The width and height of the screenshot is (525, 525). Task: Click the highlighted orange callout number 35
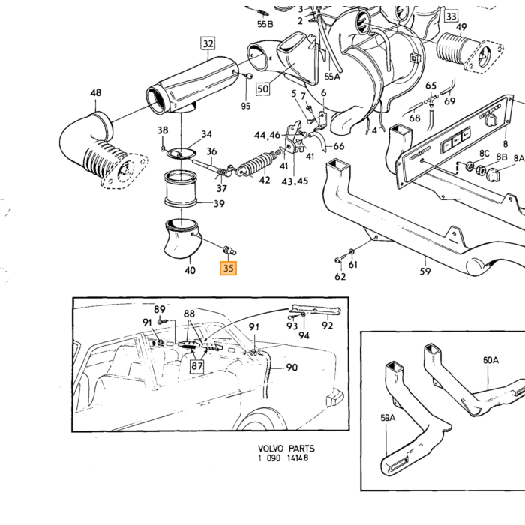click(x=228, y=268)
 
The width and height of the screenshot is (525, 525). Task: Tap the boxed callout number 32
click(x=208, y=43)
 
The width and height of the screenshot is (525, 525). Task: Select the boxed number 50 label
click(x=263, y=88)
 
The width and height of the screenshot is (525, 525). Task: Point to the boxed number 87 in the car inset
click(x=196, y=366)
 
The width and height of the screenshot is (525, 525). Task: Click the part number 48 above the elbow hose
click(x=96, y=92)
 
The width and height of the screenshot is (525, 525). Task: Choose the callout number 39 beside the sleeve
click(x=219, y=203)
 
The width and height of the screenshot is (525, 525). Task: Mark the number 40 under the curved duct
click(x=190, y=270)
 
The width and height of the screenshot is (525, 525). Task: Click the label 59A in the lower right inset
click(x=388, y=418)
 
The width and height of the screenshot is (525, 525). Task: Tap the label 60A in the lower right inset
click(x=490, y=360)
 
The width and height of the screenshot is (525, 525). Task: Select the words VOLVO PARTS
click(x=286, y=448)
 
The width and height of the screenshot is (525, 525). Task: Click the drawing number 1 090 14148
click(x=283, y=457)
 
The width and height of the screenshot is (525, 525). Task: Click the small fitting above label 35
click(x=229, y=250)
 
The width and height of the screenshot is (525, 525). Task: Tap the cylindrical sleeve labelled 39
click(x=180, y=189)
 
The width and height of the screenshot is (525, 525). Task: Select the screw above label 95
click(x=249, y=76)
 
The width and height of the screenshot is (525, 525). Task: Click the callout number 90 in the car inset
click(x=292, y=367)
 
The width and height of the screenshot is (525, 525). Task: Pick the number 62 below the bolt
click(x=340, y=276)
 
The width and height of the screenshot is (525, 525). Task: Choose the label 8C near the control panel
click(x=484, y=153)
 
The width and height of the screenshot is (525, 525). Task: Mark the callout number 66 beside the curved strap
click(x=338, y=146)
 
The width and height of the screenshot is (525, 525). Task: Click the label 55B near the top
click(x=265, y=24)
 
